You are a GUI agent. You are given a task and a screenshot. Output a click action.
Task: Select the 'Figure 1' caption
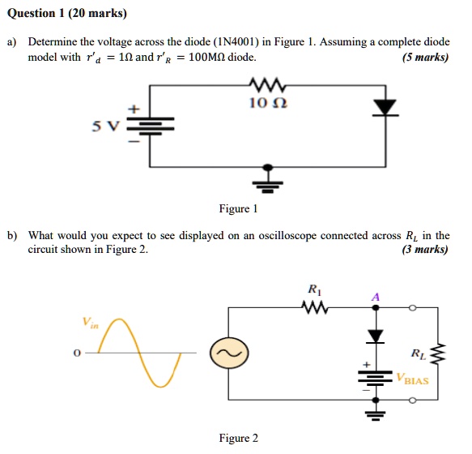point(238,209)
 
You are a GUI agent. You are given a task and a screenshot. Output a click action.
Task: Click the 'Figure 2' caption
point(239,439)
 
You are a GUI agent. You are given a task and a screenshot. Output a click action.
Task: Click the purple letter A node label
point(374,297)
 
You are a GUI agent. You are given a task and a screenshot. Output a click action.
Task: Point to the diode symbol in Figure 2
point(374,336)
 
